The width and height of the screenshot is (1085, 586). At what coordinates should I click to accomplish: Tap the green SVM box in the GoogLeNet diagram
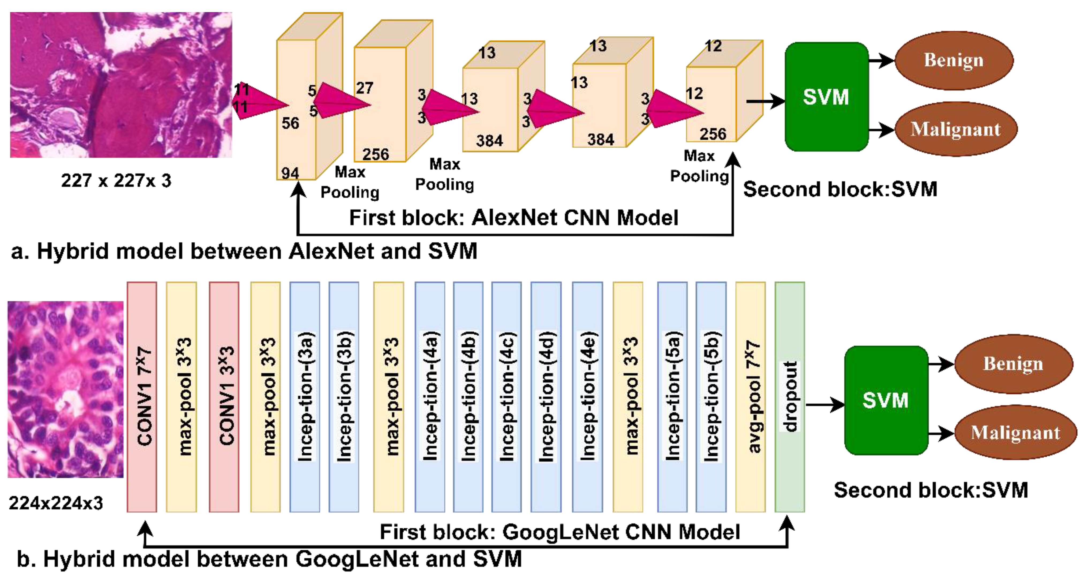(x=886, y=400)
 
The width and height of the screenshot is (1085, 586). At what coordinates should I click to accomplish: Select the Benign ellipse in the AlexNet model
(x=954, y=60)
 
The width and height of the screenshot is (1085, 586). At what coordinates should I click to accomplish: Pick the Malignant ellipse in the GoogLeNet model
(x=1015, y=432)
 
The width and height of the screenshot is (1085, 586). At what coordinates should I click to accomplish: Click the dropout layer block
(x=790, y=397)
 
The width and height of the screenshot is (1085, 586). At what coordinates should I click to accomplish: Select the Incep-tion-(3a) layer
(x=305, y=397)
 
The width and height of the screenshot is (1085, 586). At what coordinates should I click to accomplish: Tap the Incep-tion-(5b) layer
(x=711, y=397)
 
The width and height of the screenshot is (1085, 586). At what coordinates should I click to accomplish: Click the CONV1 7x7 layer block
(x=142, y=397)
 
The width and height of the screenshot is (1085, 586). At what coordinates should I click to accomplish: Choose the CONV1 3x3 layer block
(x=224, y=397)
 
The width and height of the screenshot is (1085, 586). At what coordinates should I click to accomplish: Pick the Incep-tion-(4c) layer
(x=506, y=397)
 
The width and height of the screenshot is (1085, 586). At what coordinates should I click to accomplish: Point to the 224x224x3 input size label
(x=56, y=503)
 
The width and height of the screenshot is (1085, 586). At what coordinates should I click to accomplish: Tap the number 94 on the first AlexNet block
(x=290, y=173)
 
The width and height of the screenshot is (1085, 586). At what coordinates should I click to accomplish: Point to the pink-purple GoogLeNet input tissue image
(x=66, y=389)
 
